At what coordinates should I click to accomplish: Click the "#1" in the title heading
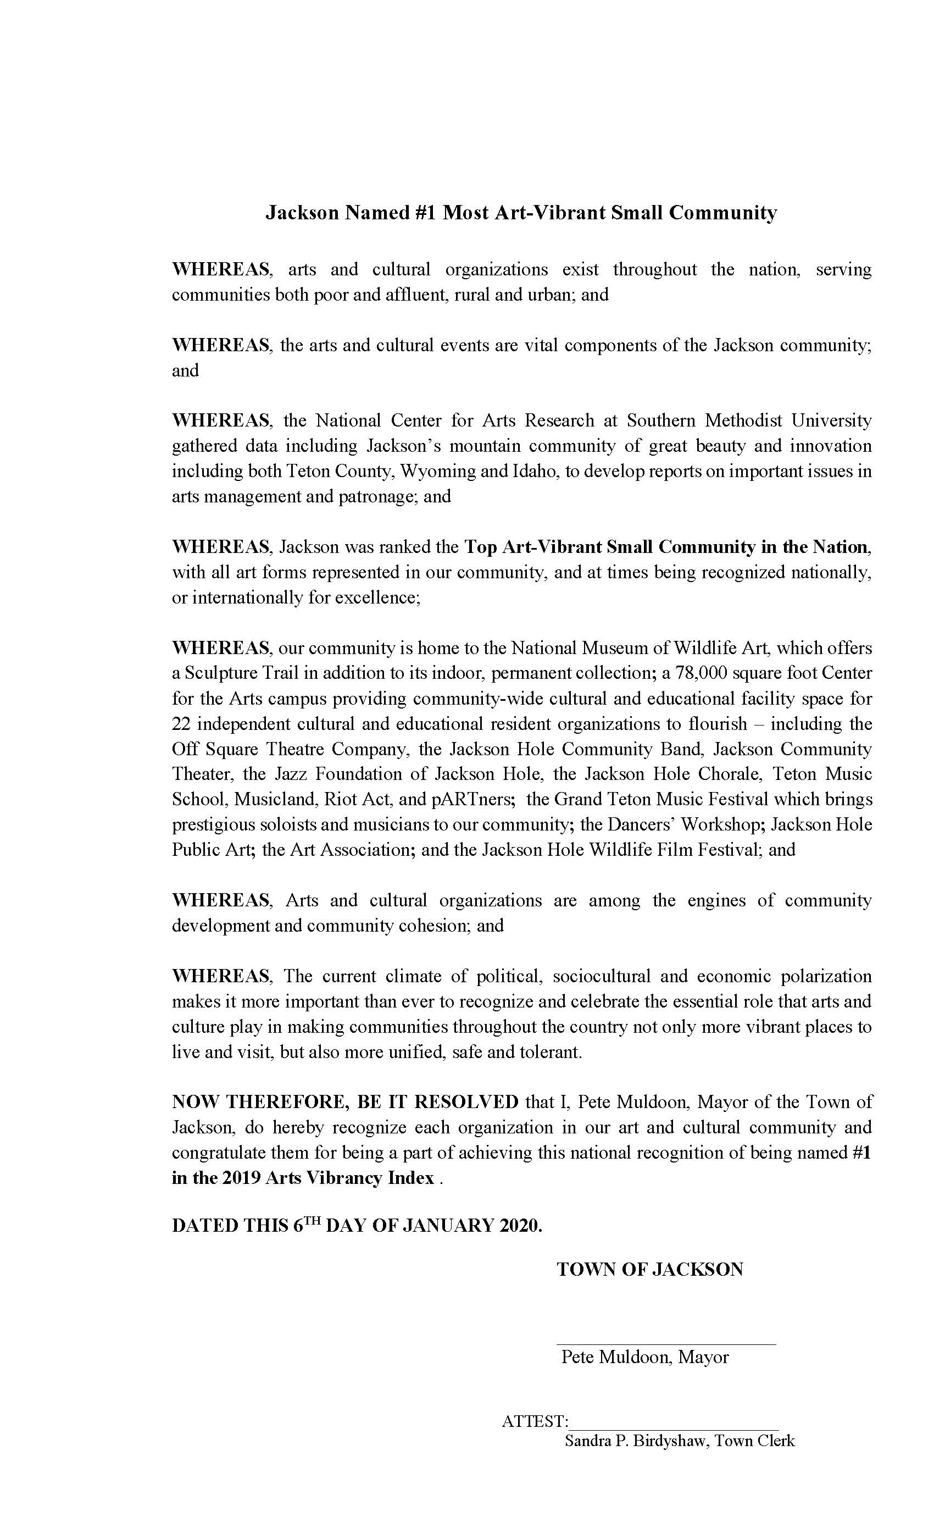(x=425, y=213)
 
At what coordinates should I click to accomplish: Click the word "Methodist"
(x=736, y=420)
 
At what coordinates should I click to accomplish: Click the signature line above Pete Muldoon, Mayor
(x=665, y=1343)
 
